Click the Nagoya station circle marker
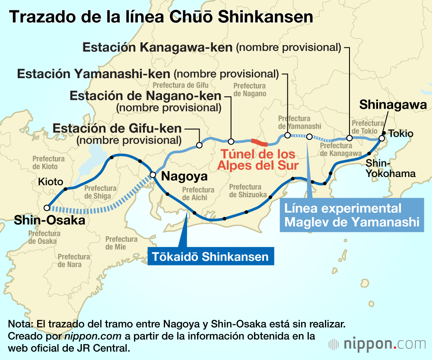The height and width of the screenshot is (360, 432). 152,175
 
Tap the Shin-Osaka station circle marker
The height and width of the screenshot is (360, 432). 47,208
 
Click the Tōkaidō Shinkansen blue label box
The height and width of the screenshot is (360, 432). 211,257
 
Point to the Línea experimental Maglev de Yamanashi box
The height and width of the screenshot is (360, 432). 352,215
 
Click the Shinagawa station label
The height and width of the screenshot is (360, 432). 393,104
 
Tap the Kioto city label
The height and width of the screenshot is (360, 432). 51,182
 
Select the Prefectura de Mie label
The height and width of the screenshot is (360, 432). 122,243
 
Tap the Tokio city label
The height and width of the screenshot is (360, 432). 400,134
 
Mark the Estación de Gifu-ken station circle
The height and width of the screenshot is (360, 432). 199,145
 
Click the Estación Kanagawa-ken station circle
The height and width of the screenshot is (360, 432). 349,138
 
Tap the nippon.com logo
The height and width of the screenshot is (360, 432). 376,344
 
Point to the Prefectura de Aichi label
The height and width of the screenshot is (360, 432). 198,193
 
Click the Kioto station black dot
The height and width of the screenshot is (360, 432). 66,189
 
